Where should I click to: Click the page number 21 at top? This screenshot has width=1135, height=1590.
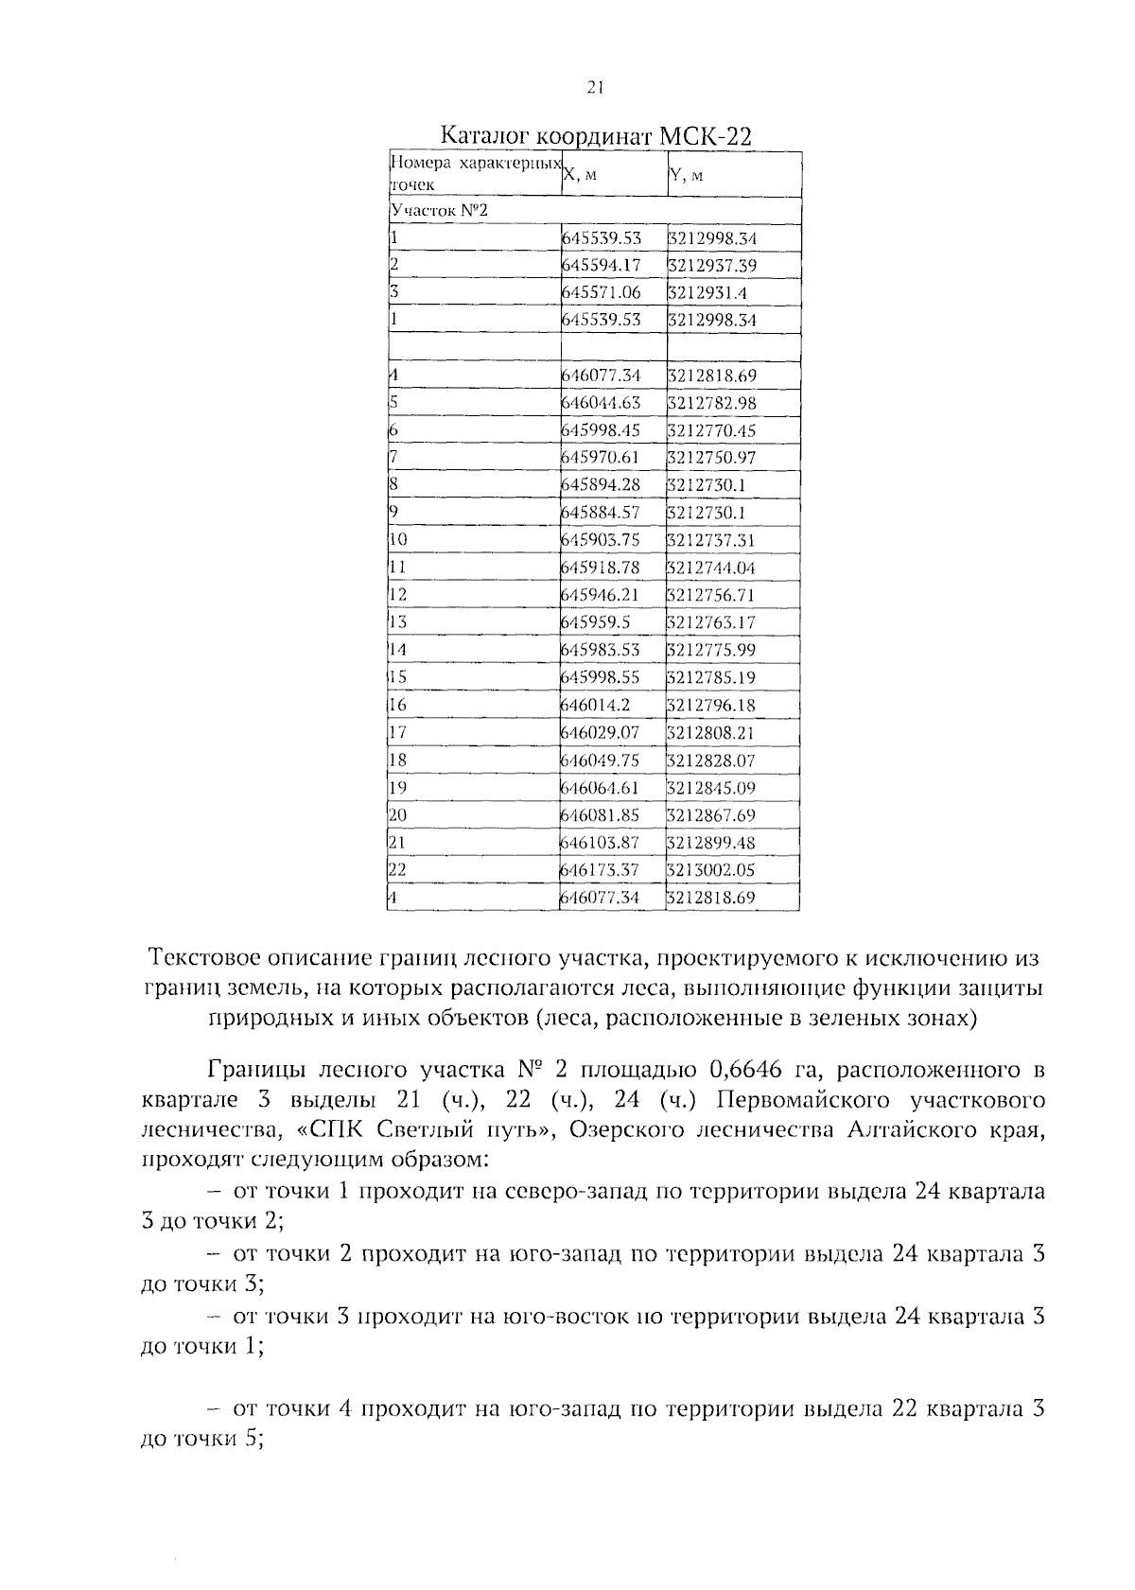(x=594, y=88)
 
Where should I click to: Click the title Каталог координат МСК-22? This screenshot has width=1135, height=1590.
(x=597, y=136)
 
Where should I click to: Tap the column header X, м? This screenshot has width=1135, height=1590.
(x=581, y=175)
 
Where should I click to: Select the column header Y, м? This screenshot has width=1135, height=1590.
(x=686, y=175)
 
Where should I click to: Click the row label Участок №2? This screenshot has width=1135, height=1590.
(x=439, y=211)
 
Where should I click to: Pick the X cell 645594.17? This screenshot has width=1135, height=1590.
(x=602, y=266)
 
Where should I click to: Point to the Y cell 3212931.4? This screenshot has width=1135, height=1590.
(x=707, y=293)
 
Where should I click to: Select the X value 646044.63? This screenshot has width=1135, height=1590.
(x=602, y=403)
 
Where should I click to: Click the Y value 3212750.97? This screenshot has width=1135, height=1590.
(x=711, y=458)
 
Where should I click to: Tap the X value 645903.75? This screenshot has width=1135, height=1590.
(x=602, y=540)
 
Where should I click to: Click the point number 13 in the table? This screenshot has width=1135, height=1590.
(x=398, y=622)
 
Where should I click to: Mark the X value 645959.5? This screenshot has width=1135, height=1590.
(x=596, y=622)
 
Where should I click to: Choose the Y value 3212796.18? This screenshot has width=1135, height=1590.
(x=711, y=705)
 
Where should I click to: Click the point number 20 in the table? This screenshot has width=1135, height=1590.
(x=398, y=814)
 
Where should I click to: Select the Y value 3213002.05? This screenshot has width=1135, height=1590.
(x=711, y=869)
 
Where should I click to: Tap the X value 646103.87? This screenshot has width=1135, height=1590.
(x=602, y=842)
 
